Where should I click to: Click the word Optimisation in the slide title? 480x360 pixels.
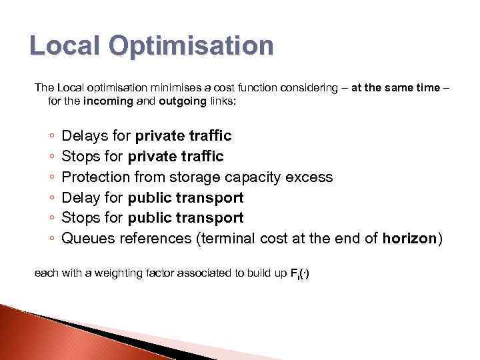193,47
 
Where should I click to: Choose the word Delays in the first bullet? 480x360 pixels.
83,136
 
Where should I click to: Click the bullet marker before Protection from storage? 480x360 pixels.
52,178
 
